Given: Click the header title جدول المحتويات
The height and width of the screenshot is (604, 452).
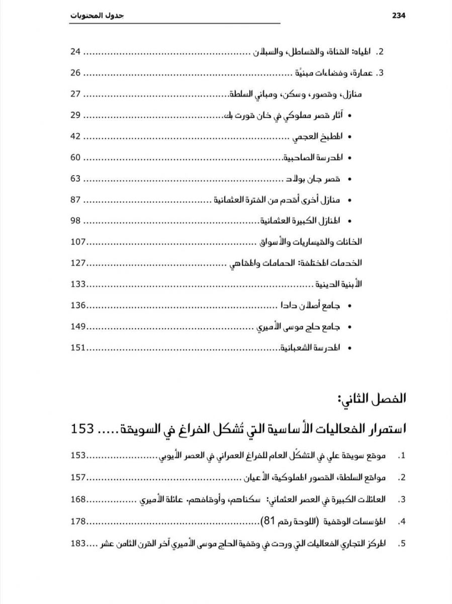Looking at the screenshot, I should click(x=96, y=16).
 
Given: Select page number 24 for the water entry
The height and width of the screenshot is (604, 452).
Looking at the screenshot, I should click(x=75, y=52).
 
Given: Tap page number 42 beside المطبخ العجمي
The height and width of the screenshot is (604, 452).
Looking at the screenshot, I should click(x=75, y=136).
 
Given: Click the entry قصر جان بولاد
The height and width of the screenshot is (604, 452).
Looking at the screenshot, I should click(x=313, y=179).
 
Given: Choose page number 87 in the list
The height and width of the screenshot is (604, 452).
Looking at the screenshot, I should click(x=75, y=200).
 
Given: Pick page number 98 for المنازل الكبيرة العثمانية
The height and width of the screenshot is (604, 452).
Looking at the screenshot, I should click(x=75, y=221).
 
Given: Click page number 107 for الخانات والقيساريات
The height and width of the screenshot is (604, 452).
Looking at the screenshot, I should click(x=78, y=242).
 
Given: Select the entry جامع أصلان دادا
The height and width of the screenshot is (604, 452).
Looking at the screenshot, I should click(x=310, y=306).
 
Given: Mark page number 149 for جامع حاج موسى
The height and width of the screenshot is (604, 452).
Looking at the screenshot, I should click(x=78, y=327).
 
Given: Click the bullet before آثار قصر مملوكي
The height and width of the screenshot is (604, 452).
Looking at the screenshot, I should click(x=349, y=116).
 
